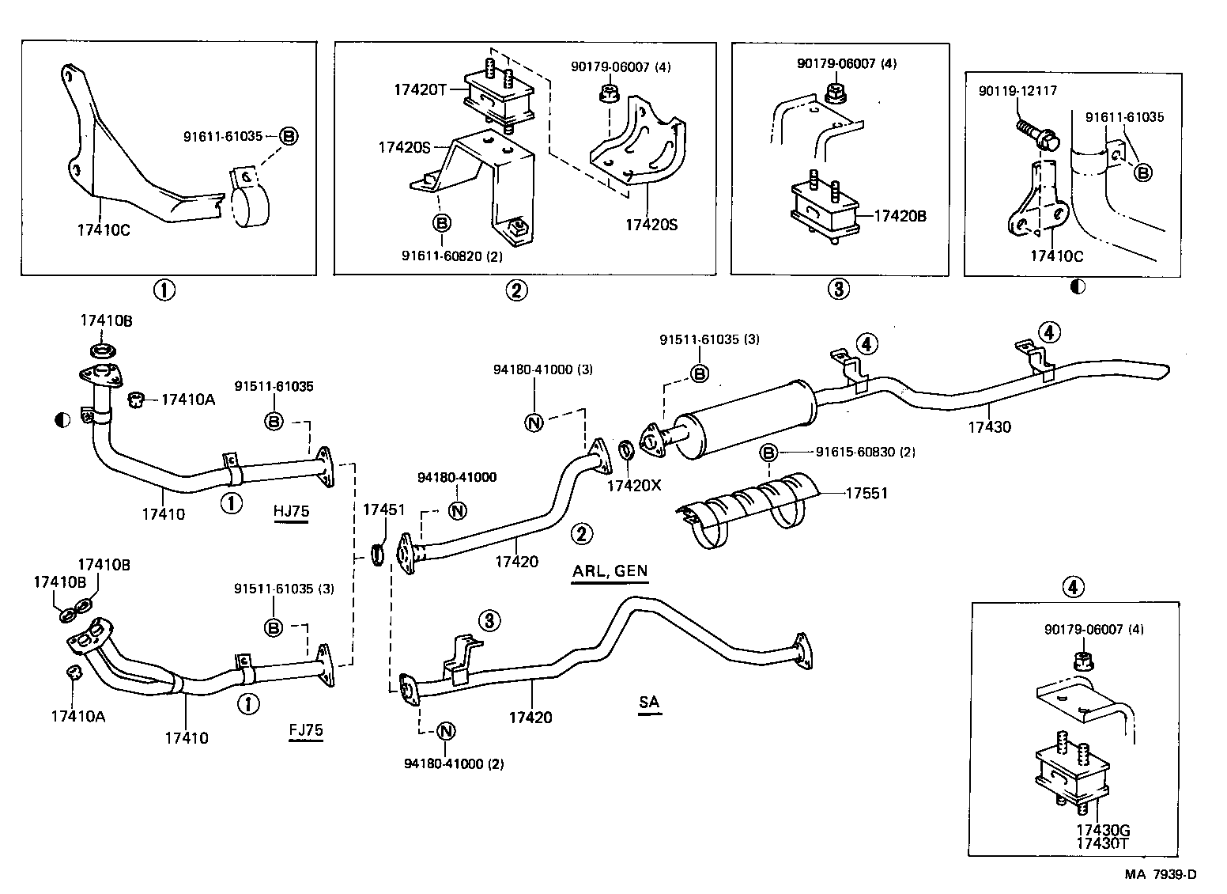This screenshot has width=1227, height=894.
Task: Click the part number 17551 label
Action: click(x=866, y=494)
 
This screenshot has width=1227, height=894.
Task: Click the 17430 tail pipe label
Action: click(x=989, y=427)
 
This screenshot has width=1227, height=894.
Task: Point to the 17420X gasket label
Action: click(x=633, y=485)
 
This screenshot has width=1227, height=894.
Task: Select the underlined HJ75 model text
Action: click(x=291, y=511)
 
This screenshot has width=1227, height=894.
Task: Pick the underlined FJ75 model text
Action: click(x=306, y=730)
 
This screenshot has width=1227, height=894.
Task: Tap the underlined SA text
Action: click(x=649, y=702)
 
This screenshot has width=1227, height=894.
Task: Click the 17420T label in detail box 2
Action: click(x=420, y=90)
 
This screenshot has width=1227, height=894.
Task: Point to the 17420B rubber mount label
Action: click(x=900, y=214)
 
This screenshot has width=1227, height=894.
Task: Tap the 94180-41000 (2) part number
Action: click(x=454, y=763)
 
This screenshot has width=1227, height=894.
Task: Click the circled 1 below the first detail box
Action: click(x=164, y=290)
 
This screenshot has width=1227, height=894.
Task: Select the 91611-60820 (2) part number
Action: click(x=451, y=256)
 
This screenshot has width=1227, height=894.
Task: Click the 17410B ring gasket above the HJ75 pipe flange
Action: click(x=100, y=350)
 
